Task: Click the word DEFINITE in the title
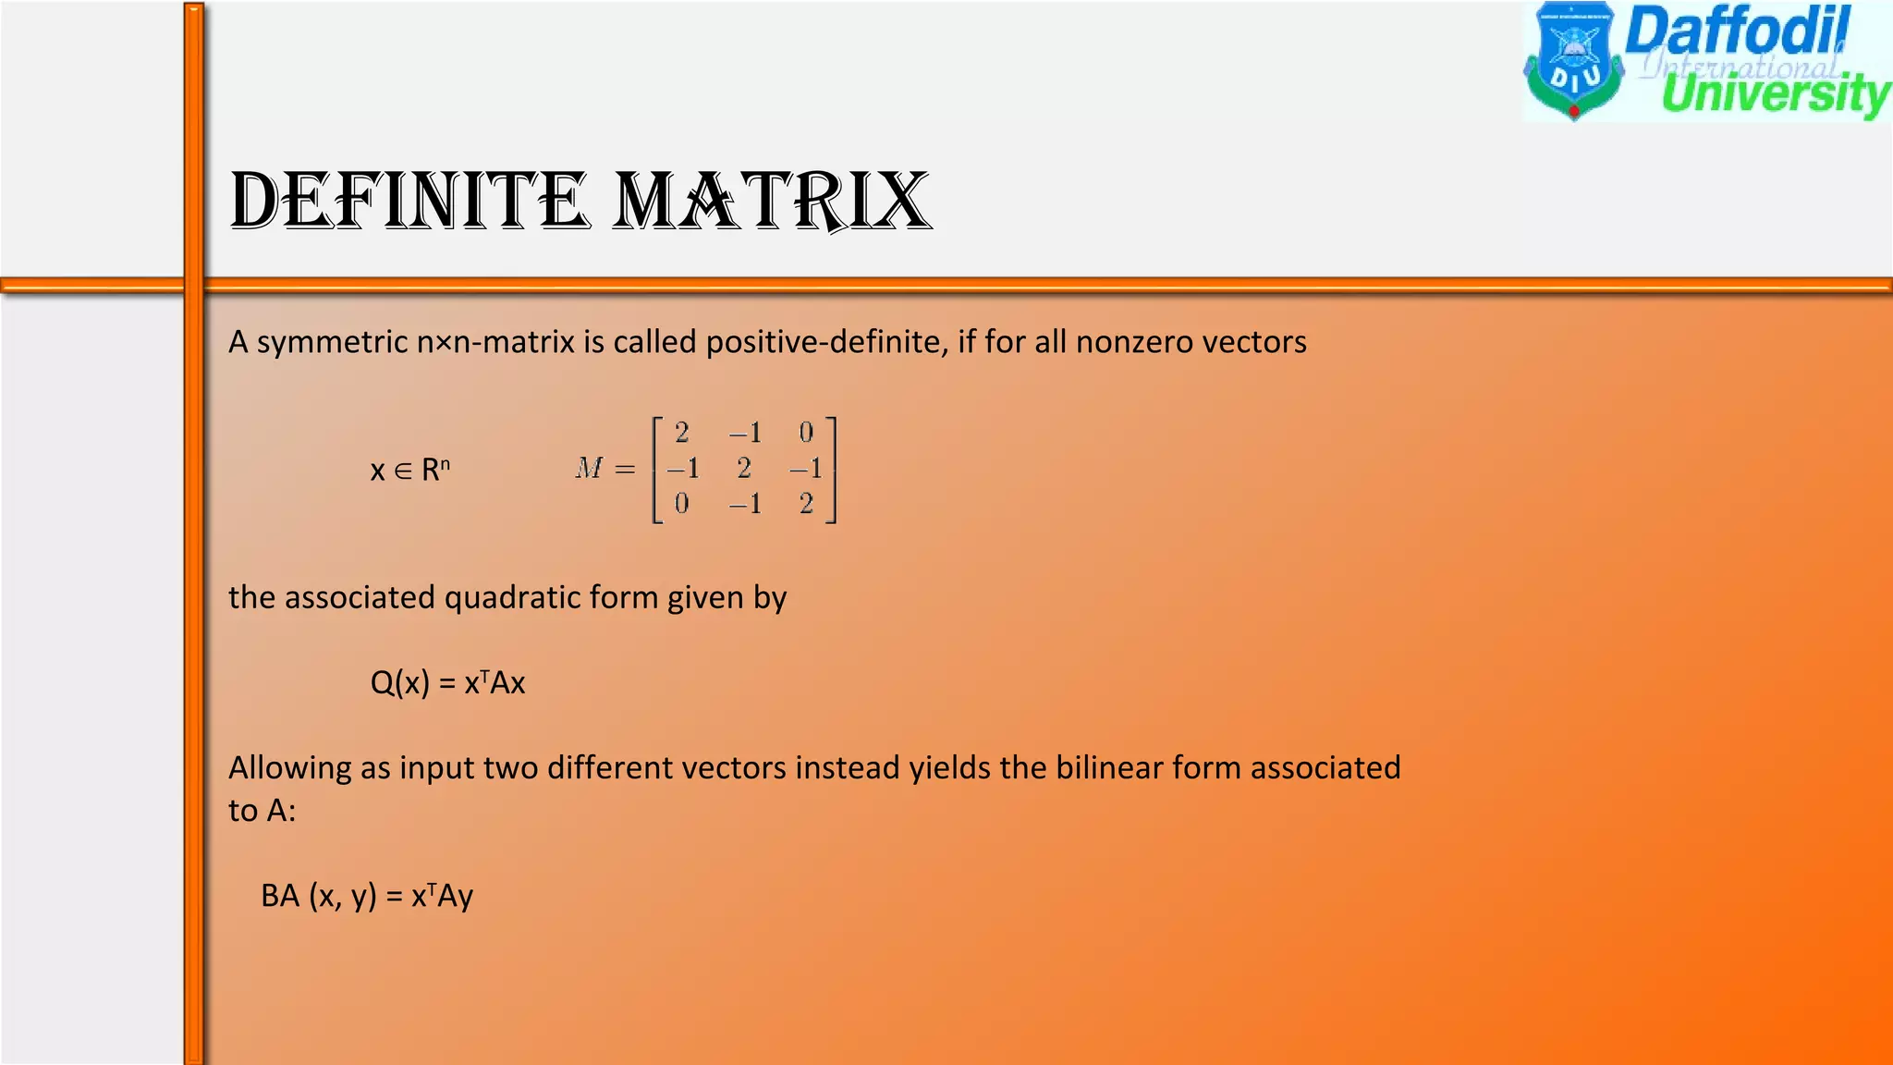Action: click(x=409, y=201)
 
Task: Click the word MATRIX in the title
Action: click(x=772, y=201)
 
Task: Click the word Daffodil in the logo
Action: click(x=1738, y=31)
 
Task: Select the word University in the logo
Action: click(x=1775, y=95)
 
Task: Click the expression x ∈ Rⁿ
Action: click(x=409, y=471)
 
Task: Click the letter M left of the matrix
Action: click(x=589, y=469)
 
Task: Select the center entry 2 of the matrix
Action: click(x=744, y=469)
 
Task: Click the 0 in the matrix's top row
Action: click(x=806, y=433)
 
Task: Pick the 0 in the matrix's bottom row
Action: click(x=682, y=504)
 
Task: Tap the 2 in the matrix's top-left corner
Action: click(x=682, y=433)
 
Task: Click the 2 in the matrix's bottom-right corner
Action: click(x=806, y=504)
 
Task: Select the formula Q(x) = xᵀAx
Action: click(x=447, y=683)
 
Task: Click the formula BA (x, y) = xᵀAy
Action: click(x=367, y=896)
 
